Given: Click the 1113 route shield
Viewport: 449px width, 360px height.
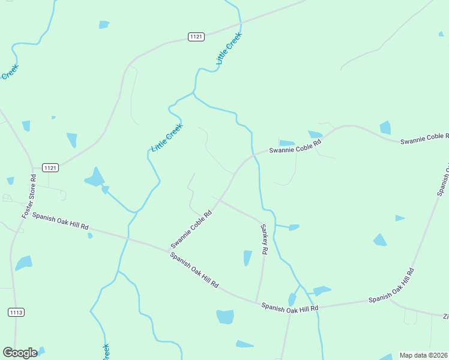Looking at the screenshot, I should [16, 312].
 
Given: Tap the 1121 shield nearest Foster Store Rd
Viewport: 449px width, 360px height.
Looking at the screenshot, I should [50, 168].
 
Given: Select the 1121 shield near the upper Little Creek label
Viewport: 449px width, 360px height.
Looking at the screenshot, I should [196, 37].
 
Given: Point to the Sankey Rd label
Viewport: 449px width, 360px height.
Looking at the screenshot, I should [263, 239].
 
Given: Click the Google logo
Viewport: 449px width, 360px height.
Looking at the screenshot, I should [20, 353].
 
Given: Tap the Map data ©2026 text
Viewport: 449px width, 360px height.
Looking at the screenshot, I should [423, 355].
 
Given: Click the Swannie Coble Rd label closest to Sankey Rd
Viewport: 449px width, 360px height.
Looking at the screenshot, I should [191, 229].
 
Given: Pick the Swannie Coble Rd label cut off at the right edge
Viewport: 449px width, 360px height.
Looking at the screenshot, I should [424, 139].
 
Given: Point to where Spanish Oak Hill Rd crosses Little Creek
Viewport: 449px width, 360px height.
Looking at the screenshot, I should [127, 238].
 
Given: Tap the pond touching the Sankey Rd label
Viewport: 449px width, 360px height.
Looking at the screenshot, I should [247, 257].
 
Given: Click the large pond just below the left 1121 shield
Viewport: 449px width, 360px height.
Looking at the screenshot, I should [95, 177].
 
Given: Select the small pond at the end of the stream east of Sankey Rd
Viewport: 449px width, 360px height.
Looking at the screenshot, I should [294, 227].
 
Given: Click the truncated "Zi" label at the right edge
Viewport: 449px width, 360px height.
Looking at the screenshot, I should [445, 316].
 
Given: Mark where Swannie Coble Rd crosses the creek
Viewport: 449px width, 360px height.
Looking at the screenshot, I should [254, 154].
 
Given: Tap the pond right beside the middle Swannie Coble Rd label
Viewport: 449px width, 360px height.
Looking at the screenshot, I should [286, 143].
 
